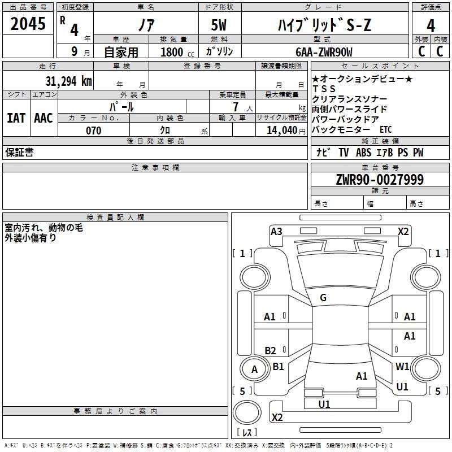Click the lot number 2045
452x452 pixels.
point(28,24)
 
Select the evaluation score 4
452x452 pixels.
point(431,26)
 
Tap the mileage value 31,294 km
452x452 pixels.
point(63,81)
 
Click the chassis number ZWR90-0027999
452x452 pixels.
point(380,180)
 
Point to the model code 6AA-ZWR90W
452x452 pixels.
point(324,52)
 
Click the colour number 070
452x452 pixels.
point(93,131)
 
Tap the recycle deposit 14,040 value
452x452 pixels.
point(281,131)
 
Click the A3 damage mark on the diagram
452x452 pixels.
point(276,231)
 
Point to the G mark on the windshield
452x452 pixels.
point(323,298)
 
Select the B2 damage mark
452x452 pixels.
point(270,350)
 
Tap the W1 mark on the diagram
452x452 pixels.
point(402,366)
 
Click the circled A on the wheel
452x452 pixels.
point(254,370)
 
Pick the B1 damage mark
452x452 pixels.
point(278,366)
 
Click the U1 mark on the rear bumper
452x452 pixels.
point(324,404)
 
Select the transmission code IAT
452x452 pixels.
point(16,118)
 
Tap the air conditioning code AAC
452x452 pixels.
point(44,118)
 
